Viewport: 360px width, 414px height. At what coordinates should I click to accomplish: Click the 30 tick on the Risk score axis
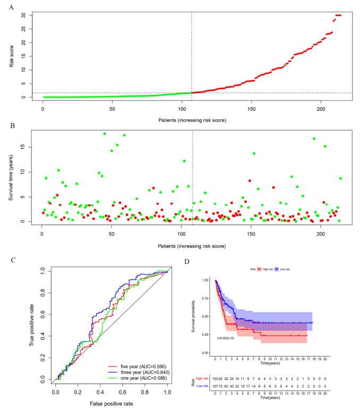click(23, 15)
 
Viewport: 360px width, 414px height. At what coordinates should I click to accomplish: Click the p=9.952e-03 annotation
click(229, 338)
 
